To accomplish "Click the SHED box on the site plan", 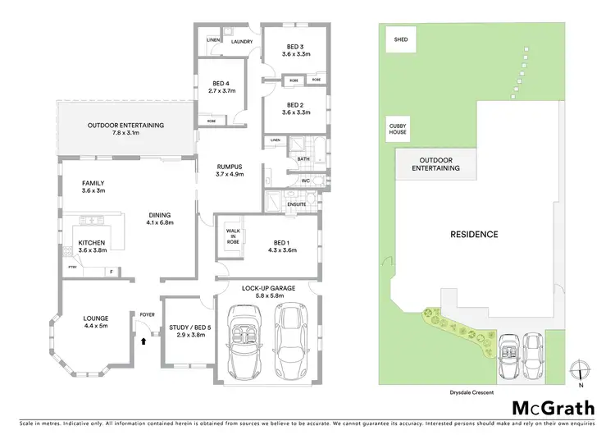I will coord(401,38).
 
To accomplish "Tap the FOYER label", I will coord(148,313).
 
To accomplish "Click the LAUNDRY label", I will coord(241,41).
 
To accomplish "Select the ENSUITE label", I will coord(296,204).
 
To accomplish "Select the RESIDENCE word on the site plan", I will coord(474,235).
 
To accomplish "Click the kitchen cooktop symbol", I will coord(89,221).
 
